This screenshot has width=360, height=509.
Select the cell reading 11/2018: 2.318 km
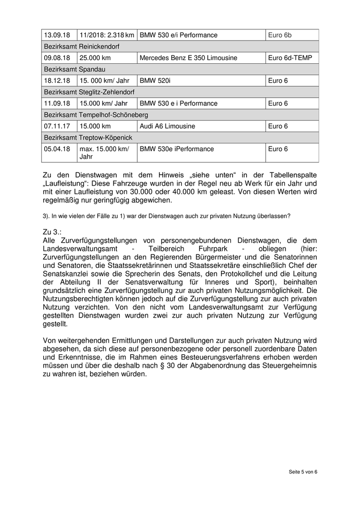106,35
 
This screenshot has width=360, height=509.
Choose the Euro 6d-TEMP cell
290,58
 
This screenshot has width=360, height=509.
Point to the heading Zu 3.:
52,232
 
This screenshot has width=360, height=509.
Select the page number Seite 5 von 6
302,472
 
